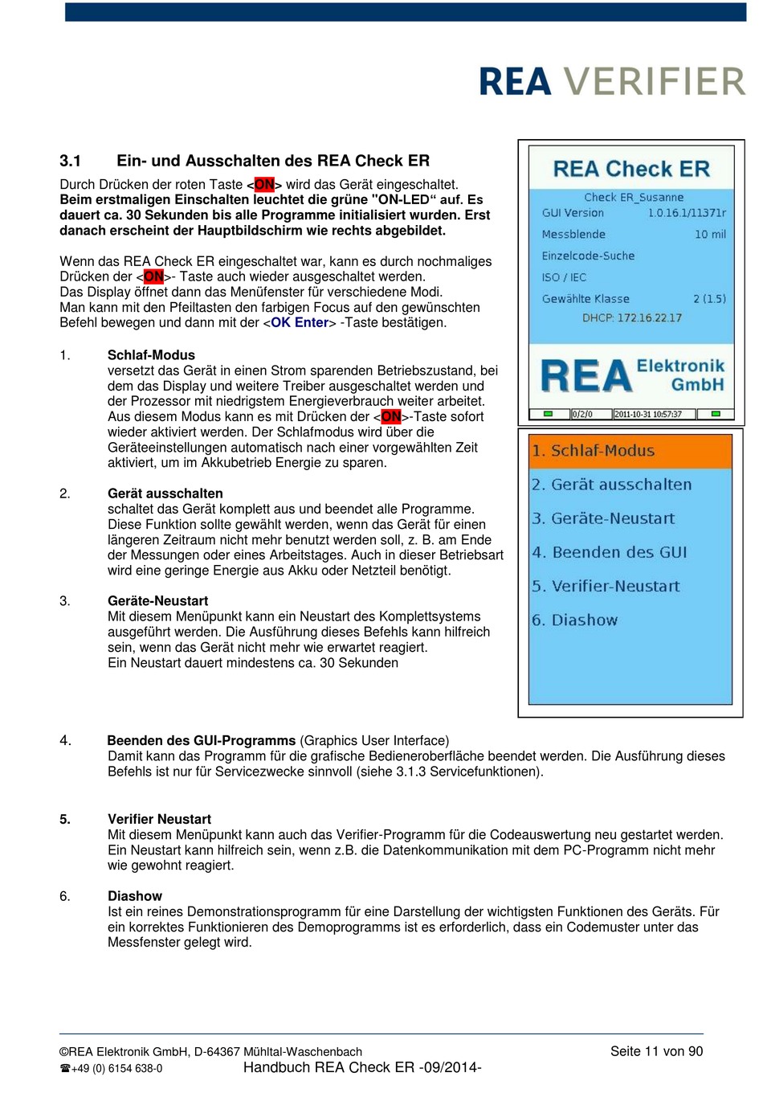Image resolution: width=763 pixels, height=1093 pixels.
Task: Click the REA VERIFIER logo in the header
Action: coord(612,82)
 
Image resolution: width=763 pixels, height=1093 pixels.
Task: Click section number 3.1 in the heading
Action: coord(70,161)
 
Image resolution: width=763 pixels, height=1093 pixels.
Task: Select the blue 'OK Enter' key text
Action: coord(300,322)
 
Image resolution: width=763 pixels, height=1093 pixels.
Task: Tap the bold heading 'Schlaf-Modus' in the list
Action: coord(151,355)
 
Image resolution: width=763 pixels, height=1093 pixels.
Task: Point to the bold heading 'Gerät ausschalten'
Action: coord(165,493)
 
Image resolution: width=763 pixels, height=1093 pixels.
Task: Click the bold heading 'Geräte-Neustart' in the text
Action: coord(157,601)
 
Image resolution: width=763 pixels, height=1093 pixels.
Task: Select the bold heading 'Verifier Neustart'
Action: coord(159,819)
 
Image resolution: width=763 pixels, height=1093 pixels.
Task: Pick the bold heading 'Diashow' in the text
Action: coord(135,896)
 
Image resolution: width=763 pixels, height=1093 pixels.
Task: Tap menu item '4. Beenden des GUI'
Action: coord(609,552)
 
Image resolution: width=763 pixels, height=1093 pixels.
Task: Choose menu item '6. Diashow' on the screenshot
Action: coord(574,620)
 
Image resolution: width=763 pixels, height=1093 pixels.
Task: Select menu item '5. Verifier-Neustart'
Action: coord(605,586)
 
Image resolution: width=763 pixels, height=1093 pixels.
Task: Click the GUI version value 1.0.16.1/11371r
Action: coord(687,213)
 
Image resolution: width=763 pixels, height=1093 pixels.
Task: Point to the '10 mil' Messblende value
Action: coord(710,235)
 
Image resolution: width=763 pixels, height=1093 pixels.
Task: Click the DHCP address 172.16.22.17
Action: coord(649,317)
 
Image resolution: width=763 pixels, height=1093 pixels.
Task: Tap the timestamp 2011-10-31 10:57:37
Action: coord(648,415)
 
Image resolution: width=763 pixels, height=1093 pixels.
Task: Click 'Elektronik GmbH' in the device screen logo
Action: coord(681,375)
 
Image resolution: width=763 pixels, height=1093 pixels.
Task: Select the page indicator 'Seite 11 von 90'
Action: coord(656,1051)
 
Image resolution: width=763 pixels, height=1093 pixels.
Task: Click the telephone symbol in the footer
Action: coord(65,1069)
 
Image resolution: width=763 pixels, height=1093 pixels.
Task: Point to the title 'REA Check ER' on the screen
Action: coord(631,169)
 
